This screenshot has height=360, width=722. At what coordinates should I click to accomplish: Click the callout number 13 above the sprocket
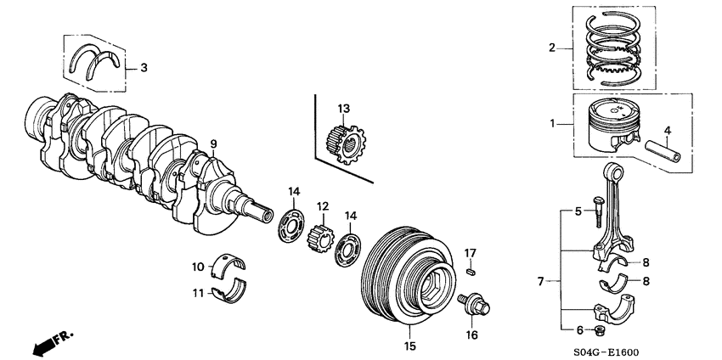[x=343, y=109]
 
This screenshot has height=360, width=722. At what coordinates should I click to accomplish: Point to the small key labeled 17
[x=472, y=273]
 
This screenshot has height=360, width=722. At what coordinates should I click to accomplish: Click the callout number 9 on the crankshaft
[x=214, y=144]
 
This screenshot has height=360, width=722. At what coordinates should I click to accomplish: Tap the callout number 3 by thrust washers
[x=144, y=67]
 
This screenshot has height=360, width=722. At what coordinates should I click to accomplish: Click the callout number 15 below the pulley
[x=409, y=346]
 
